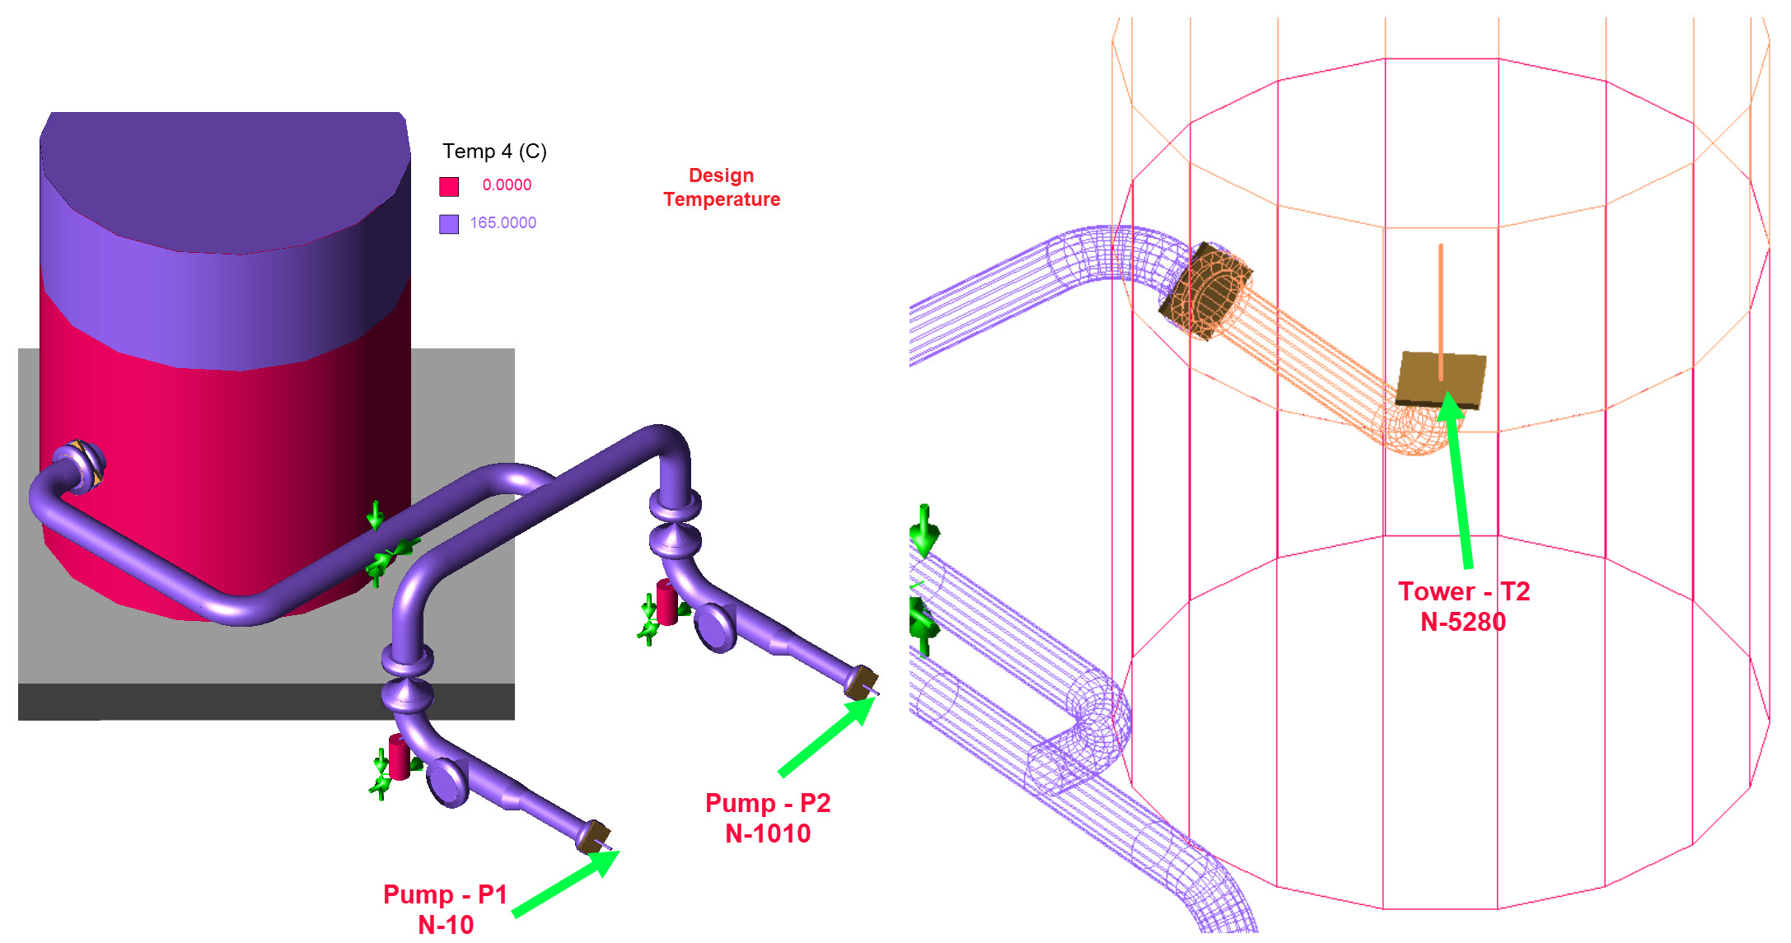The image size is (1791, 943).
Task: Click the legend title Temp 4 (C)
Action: (x=494, y=152)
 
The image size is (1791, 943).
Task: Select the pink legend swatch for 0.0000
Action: (x=449, y=186)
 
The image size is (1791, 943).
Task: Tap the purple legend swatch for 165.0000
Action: (x=449, y=224)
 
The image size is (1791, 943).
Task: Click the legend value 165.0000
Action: (x=503, y=223)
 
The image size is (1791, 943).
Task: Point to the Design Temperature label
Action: (x=722, y=188)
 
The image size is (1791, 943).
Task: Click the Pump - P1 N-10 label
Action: (x=446, y=909)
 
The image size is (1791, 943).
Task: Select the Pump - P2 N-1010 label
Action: (x=768, y=818)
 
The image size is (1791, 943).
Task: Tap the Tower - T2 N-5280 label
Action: (x=1464, y=606)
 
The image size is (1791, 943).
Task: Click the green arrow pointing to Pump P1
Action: (x=565, y=884)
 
